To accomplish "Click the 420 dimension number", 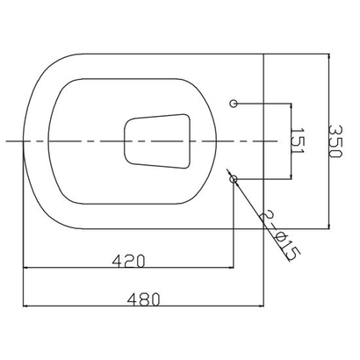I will coord(127,261).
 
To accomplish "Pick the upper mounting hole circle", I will coord(234,104).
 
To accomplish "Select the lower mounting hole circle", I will coord(234,178).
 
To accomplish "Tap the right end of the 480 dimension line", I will coord(263,306).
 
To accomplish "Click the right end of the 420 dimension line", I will coord(234,269).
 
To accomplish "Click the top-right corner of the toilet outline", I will coord(263,54).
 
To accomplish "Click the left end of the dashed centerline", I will coord(4,140).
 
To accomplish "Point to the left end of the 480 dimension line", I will coord(22,306).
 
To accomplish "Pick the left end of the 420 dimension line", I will coord(22,269).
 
